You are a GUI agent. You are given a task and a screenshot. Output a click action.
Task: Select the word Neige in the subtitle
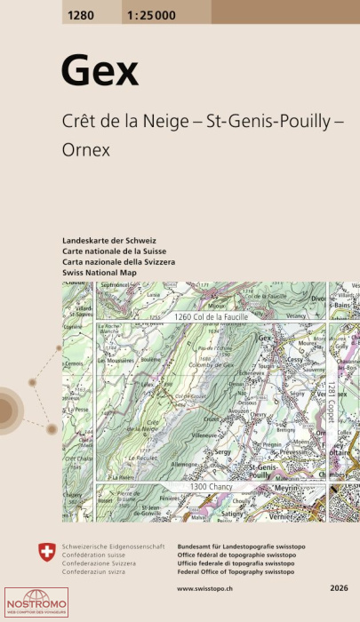(x=168, y=124)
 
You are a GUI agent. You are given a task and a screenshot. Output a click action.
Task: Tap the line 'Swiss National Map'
(x=99, y=272)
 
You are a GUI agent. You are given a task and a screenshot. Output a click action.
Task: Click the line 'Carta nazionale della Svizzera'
(x=119, y=262)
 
